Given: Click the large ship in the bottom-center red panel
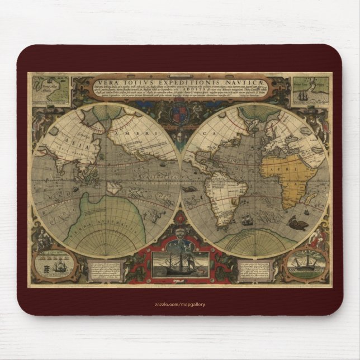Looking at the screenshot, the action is [x=179, y=263].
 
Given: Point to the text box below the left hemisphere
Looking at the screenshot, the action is [x=112, y=268].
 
